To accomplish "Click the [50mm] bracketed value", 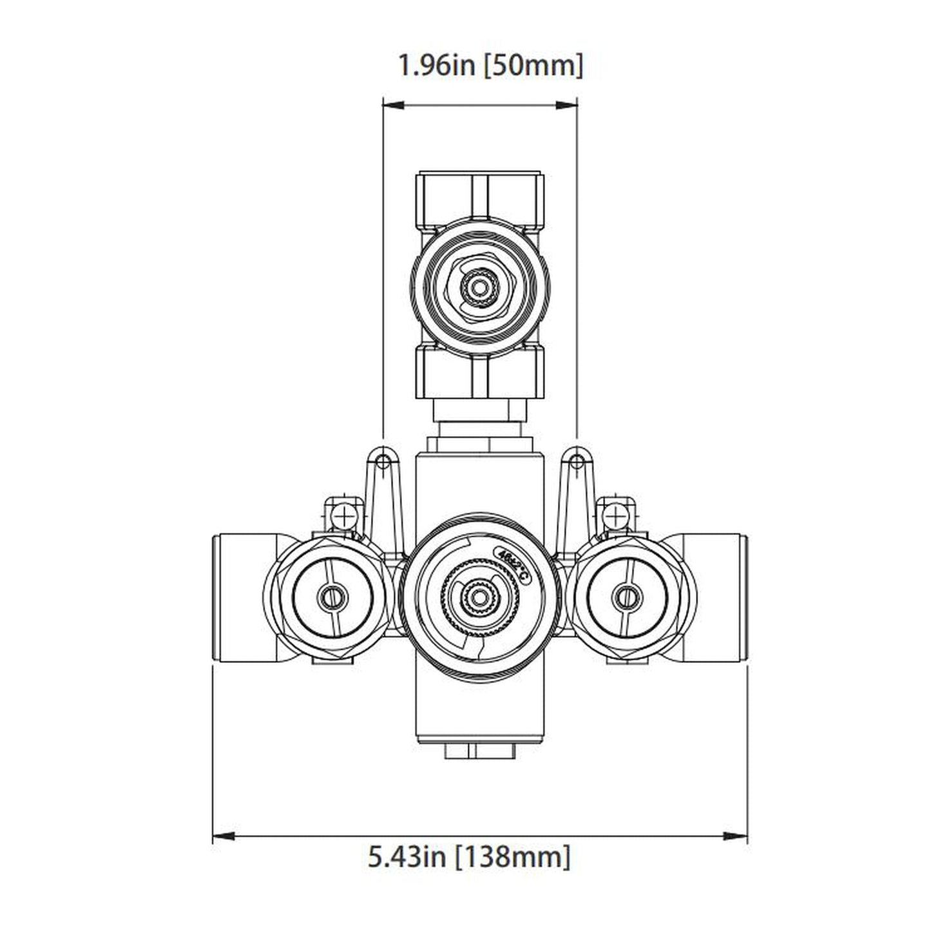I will tap(533, 66).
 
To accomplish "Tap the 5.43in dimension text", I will tap(407, 857).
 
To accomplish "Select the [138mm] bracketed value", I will tap(513, 857).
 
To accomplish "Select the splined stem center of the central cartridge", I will tap(477, 597).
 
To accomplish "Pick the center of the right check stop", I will tap(625, 597).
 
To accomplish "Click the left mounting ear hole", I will tap(383, 461).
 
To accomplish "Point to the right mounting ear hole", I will tap(577, 461).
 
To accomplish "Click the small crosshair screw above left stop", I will tap(346, 515).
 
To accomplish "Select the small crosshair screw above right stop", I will tap(615, 515).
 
